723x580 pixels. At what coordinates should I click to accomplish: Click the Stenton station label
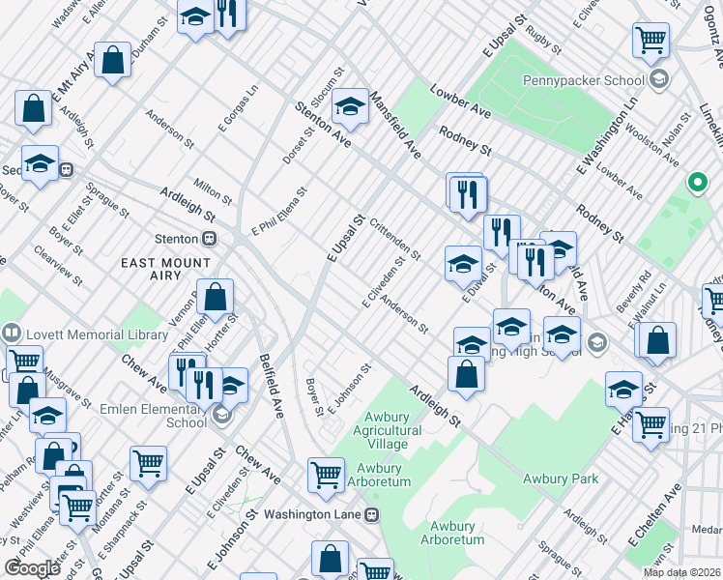177,238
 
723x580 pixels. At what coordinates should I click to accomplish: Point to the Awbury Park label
560,478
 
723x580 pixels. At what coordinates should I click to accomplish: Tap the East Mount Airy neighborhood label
165,269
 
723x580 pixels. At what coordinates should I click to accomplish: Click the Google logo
32,568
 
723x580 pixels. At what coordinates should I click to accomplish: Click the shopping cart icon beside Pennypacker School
651,41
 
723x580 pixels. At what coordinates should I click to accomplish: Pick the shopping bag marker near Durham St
113,61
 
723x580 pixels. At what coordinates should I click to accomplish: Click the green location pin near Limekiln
696,181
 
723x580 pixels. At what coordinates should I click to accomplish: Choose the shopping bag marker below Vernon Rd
217,298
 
